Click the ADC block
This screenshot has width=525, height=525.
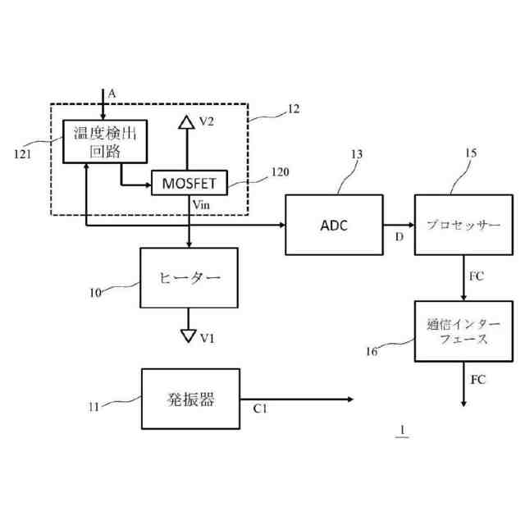point(334,224)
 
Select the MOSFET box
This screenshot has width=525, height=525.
point(189,181)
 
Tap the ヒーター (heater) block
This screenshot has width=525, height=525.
point(189,278)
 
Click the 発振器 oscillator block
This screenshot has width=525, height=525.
point(190,399)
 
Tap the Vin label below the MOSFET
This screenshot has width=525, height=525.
point(202,202)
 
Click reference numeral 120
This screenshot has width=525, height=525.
point(279,172)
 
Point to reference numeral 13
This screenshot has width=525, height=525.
point(355,153)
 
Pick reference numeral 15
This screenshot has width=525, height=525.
point(470,153)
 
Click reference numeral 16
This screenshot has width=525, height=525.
point(372,351)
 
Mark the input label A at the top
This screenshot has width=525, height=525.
point(112,94)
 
